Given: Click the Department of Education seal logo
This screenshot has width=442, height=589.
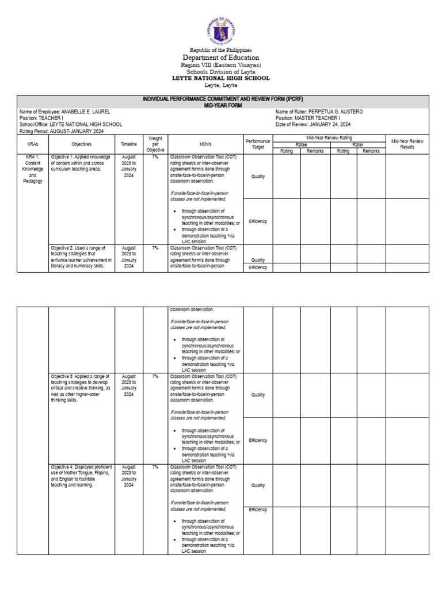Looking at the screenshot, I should point(220,29).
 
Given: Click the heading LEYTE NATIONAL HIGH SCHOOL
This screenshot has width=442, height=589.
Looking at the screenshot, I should point(221,78).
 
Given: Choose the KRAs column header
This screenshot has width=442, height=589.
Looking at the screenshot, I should point(32,144).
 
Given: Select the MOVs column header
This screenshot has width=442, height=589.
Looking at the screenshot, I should point(205,144).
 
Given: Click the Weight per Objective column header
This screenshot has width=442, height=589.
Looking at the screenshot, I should point(155,144).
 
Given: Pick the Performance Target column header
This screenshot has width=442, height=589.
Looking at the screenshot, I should point(257,144).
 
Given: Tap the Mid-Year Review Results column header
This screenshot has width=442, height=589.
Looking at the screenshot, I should point(407,144).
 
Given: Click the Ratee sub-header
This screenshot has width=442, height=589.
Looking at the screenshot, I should point(300,145).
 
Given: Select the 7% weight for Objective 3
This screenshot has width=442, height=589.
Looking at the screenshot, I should point(155,376).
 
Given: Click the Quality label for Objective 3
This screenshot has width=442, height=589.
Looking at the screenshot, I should point(258,395).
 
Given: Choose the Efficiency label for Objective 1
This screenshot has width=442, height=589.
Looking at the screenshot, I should point(258,221).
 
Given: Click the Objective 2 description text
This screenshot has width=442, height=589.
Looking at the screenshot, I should point(81,257).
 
